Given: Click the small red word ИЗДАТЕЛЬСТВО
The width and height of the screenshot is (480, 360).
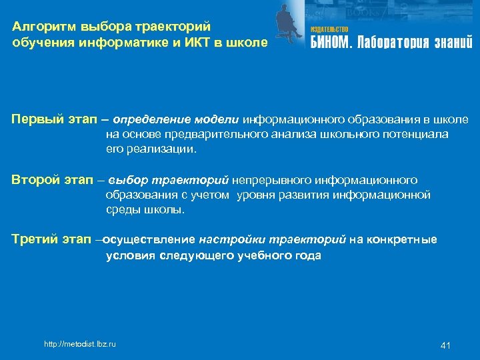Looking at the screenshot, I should coord(329,30).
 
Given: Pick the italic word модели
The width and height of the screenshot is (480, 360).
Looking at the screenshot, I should coord(217,119).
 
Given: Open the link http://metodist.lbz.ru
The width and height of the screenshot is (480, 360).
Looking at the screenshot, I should coord(79,344).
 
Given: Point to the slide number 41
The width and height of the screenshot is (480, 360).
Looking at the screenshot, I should coord(446,345).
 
